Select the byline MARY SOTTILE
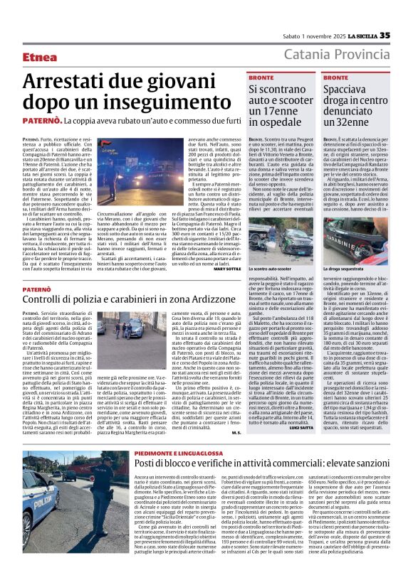(x=226, y=269)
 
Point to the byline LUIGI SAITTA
(x=300, y=407)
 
